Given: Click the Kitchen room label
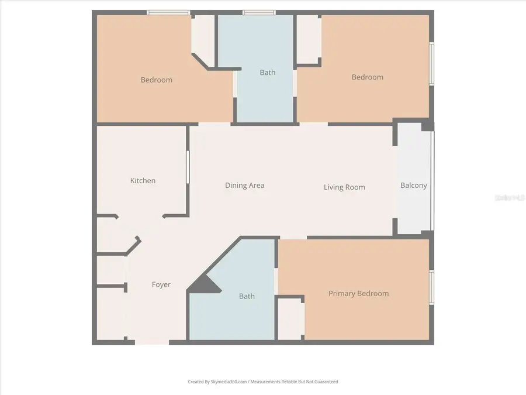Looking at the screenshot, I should click(143, 181).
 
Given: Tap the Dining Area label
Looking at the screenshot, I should click(245, 186).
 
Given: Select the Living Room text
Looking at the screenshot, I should click(344, 187).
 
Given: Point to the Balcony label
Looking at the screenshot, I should click(413, 186).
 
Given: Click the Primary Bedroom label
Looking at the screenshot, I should click(358, 294).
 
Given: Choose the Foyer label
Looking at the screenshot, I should click(161, 285).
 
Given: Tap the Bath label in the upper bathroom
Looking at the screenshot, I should click(267, 73).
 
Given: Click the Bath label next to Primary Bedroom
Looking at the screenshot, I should click(247, 296).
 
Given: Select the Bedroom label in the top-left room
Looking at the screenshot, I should click(157, 80).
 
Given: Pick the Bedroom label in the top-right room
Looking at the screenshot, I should click(367, 77).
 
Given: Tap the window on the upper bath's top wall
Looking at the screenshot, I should click(259, 12).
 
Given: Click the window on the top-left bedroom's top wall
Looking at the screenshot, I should click(168, 12).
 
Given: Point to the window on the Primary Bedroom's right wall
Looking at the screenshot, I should click(431, 287).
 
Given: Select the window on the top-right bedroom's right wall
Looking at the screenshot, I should click(431, 64).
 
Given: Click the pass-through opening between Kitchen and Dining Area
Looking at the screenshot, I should click(188, 168).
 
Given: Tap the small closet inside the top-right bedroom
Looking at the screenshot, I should click(307, 39).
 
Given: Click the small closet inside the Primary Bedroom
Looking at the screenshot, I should click(289, 319).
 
